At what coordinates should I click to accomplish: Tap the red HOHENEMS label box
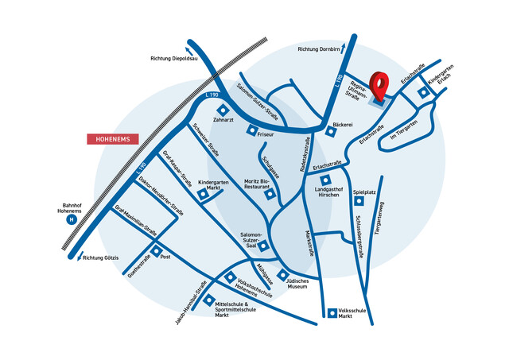(113, 139)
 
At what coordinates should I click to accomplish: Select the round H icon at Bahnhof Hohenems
(72, 219)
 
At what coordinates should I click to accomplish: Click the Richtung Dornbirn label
(318, 49)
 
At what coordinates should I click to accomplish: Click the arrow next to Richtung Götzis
(77, 257)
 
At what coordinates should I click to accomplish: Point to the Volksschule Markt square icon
(332, 312)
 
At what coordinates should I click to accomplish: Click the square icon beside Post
(155, 257)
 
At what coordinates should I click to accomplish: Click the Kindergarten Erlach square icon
(424, 93)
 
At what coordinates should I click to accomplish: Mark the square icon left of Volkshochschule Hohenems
(231, 278)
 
